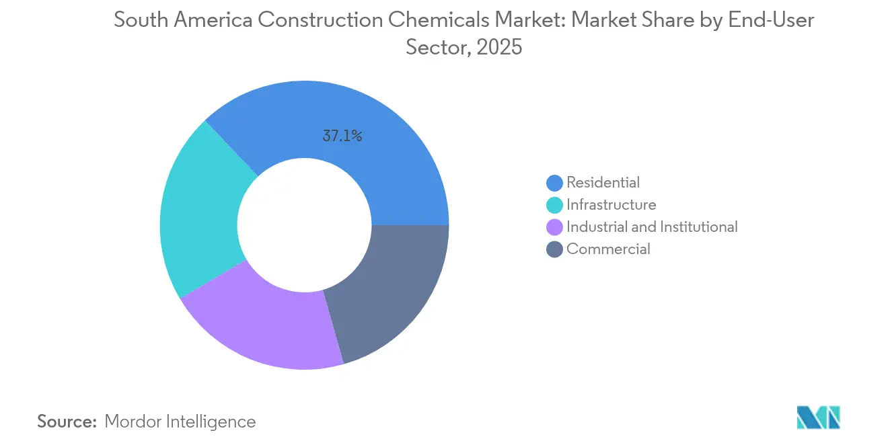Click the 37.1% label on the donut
coord(342,136)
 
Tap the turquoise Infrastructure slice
coord(198,208)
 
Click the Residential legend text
coord(603,182)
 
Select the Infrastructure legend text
coord(611,204)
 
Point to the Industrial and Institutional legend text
coord(652,227)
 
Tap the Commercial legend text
coord(608,249)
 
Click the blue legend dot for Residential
coord(555,183)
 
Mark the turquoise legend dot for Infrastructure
coord(555,205)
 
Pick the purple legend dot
coord(555,227)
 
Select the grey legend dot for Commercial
coord(555,249)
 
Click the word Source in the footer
coord(66,421)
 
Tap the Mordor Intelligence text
coord(180,421)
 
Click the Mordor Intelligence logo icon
coord(818,417)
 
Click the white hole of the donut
coord(304,225)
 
